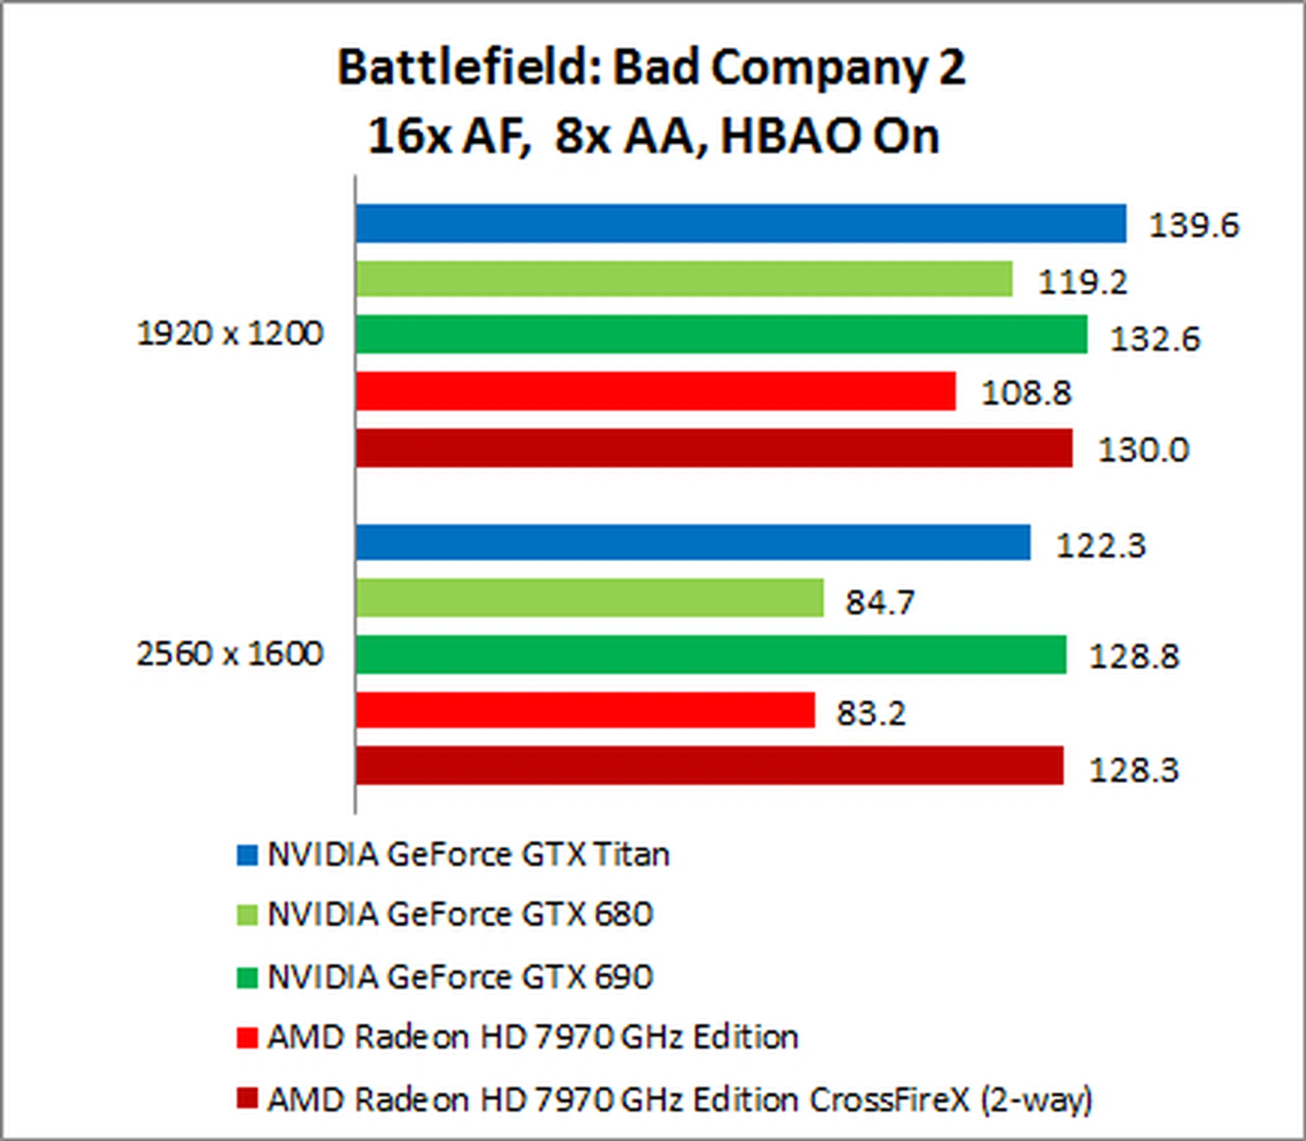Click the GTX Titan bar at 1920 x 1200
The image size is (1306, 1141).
coord(740,223)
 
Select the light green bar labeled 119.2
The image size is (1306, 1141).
coord(684,279)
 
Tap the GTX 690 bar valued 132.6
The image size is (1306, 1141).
coord(721,335)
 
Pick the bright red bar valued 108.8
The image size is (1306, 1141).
coord(655,391)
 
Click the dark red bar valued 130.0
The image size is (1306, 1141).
coord(714,448)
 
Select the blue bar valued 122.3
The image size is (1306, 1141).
coord(692,542)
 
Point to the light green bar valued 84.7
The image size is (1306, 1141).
coord(589,598)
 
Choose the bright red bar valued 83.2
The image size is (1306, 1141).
coord(585,710)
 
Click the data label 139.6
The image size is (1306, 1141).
coord(1194,225)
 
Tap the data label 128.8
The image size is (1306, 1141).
coord(1134,657)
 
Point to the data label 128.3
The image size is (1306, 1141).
coord(1134,770)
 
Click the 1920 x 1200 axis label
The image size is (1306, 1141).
coord(230,333)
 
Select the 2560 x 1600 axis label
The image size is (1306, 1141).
coord(230,654)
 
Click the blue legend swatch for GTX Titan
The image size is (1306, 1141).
coord(247,855)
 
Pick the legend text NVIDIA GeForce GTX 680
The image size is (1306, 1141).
coord(461,914)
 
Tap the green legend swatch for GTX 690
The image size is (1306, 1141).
coord(247,978)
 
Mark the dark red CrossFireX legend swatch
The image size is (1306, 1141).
coord(247,1098)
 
